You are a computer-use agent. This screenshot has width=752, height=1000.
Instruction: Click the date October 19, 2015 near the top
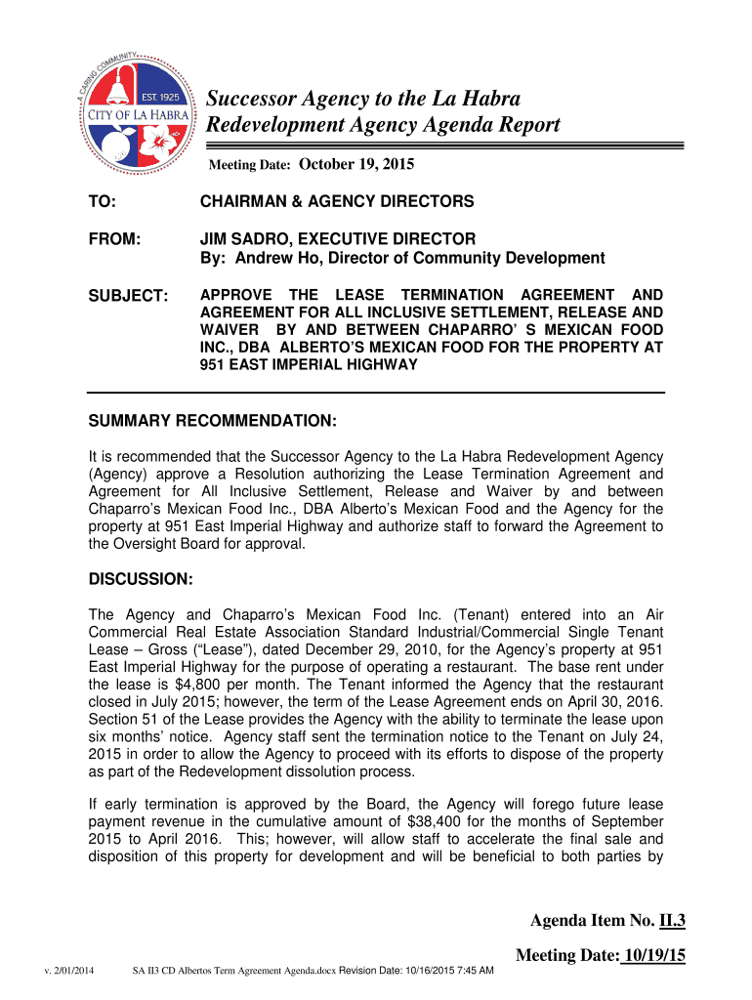click(x=355, y=164)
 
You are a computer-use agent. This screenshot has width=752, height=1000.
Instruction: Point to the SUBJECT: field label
click(x=128, y=296)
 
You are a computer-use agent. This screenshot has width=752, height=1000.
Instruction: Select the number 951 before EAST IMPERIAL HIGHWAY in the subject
click(x=214, y=365)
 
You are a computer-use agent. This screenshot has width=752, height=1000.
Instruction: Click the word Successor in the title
click(x=250, y=99)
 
